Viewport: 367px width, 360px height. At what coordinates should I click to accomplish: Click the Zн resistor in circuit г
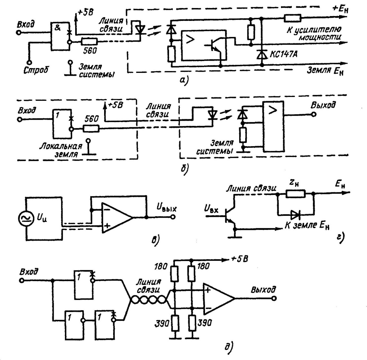point(295,193)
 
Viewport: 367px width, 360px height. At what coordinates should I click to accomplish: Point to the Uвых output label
point(166,209)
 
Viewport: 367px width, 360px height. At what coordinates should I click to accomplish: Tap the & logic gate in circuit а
point(60,36)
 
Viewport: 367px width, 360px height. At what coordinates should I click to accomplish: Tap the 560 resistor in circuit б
point(91,129)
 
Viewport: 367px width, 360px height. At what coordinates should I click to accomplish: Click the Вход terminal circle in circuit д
point(22,280)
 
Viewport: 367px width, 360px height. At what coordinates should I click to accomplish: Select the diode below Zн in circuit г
point(295,214)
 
